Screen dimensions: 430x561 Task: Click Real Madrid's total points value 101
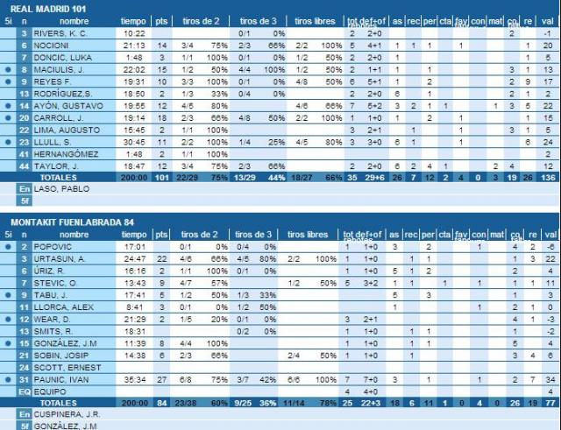[x=160, y=176]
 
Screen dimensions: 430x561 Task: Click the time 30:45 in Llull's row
[x=133, y=141]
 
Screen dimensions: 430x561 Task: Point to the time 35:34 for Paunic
[x=133, y=378]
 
